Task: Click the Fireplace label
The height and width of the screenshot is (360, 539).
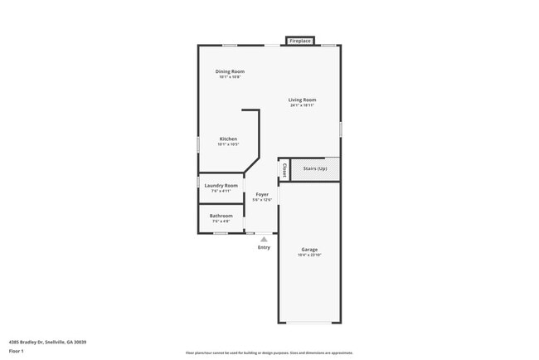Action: [x=299, y=41]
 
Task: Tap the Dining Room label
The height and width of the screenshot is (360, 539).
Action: [x=230, y=71]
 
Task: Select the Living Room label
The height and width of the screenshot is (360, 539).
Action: [x=303, y=100]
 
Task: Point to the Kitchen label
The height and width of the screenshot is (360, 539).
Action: [x=228, y=139]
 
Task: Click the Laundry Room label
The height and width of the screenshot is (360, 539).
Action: [x=221, y=185]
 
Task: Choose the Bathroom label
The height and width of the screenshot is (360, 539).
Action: [x=221, y=216]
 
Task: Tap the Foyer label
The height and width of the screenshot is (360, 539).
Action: [x=262, y=194]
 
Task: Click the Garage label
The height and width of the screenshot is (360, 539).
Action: [x=309, y=250]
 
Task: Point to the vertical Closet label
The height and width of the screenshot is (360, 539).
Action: [x=284, y=169]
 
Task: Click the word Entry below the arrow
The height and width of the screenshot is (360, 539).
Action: [x=264, y=247]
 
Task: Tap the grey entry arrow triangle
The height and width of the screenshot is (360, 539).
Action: [x=264, y=239]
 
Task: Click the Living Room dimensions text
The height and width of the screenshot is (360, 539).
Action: [x=303, y=105]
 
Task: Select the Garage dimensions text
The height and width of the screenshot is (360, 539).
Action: [x=309, y=255]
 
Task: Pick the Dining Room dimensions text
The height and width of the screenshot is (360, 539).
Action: [x=230, y=77]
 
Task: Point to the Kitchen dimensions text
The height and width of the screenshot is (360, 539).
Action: [x=228, y=144]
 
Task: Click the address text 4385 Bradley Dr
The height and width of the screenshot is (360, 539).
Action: [x=47, y=341]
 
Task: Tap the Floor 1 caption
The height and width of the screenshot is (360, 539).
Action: [x=17, y=351]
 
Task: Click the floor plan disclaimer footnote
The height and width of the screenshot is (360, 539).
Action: [x=269, y=353]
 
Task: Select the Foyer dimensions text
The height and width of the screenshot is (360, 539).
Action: [x=262, y=200]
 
